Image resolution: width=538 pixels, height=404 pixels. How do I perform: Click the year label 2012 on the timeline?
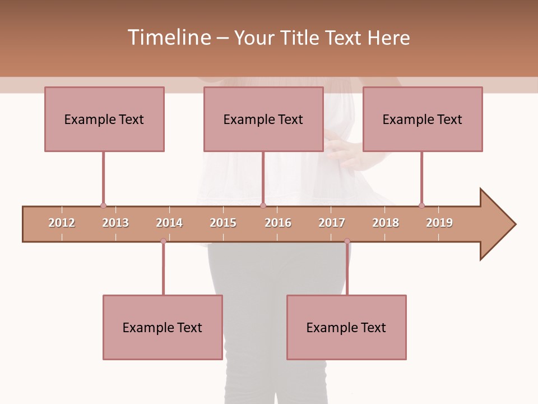click(62, 223)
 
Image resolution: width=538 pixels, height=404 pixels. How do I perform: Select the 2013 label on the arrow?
click(115, 223)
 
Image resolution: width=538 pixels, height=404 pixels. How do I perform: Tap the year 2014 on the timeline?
click(169, 223)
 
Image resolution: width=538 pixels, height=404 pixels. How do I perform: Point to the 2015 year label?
click(223, 223)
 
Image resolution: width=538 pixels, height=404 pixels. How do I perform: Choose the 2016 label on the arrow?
click(278, 223)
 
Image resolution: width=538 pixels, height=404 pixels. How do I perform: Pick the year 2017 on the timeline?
click(332, 223)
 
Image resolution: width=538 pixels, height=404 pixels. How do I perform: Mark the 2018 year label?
click(386, 223)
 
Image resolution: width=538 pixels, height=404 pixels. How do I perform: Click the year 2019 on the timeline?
click(439, 223)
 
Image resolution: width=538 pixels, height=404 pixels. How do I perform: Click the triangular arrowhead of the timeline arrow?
click(497, 224)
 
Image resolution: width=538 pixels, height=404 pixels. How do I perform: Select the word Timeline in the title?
click(168, 38)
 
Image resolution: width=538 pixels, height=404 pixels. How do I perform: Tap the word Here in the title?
click(388, 38)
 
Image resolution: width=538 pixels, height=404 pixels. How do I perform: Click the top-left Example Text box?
click(104, 119)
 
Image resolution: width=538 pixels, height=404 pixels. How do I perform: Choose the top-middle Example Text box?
click(263, 119)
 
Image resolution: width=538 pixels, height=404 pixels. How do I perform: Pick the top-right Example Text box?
click(423, 119)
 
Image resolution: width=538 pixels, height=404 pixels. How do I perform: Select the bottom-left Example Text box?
click(163, 327)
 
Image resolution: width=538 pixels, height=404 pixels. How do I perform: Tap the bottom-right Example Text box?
click(346, 327)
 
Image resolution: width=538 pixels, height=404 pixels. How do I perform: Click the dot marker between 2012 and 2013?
click(103, 206)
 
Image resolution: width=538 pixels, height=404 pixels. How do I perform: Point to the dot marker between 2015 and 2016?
click(263, 206)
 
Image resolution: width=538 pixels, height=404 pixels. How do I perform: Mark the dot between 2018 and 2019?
click(421, 206)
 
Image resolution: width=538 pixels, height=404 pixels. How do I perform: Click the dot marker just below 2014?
click(163, 241)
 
